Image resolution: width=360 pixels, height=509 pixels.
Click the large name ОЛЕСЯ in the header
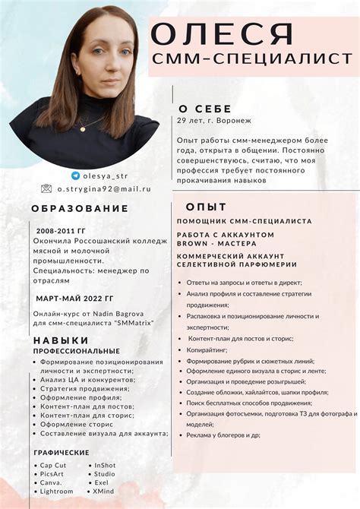click(x=222, y=35)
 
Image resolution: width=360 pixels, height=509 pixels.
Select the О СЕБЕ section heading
click(x=204, y=108)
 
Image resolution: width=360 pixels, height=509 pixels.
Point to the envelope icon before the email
click(x=46, y=188)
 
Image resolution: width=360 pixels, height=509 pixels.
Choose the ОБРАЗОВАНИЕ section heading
click(x=80, y=208)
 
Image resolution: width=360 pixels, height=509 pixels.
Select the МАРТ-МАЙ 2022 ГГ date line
click(x=74, y=299)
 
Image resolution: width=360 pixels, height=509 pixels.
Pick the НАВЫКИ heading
click(x=60, y=341)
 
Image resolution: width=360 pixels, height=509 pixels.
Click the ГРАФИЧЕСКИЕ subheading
click(x=62, y=452)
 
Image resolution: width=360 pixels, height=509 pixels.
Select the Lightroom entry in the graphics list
click(x=57, y=491)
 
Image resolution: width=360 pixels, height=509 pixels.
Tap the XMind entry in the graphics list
click(x=106, y=491)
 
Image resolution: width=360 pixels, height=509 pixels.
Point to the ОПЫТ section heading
click(x=206, y=206)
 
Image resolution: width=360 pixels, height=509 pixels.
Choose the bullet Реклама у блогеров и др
click(x=223, y=435)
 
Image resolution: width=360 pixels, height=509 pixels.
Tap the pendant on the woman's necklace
click(x=82, y=129)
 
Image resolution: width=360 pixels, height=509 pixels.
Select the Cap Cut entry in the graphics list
click(x=53, y=465)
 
